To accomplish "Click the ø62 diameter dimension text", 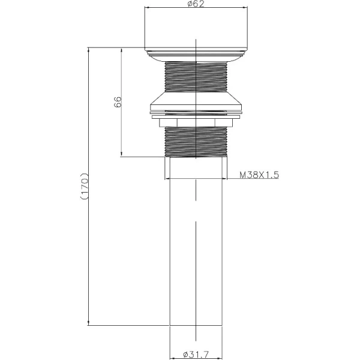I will (195, 4).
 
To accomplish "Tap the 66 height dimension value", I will (118, 103).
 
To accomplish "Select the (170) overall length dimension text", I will (85, 187).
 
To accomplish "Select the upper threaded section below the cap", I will (196, 77).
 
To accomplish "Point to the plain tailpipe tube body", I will (196, 252).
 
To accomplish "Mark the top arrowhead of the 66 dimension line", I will (122, 52).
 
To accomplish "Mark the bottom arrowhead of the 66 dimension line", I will (122, 155).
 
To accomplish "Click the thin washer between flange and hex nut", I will (196, 114).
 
